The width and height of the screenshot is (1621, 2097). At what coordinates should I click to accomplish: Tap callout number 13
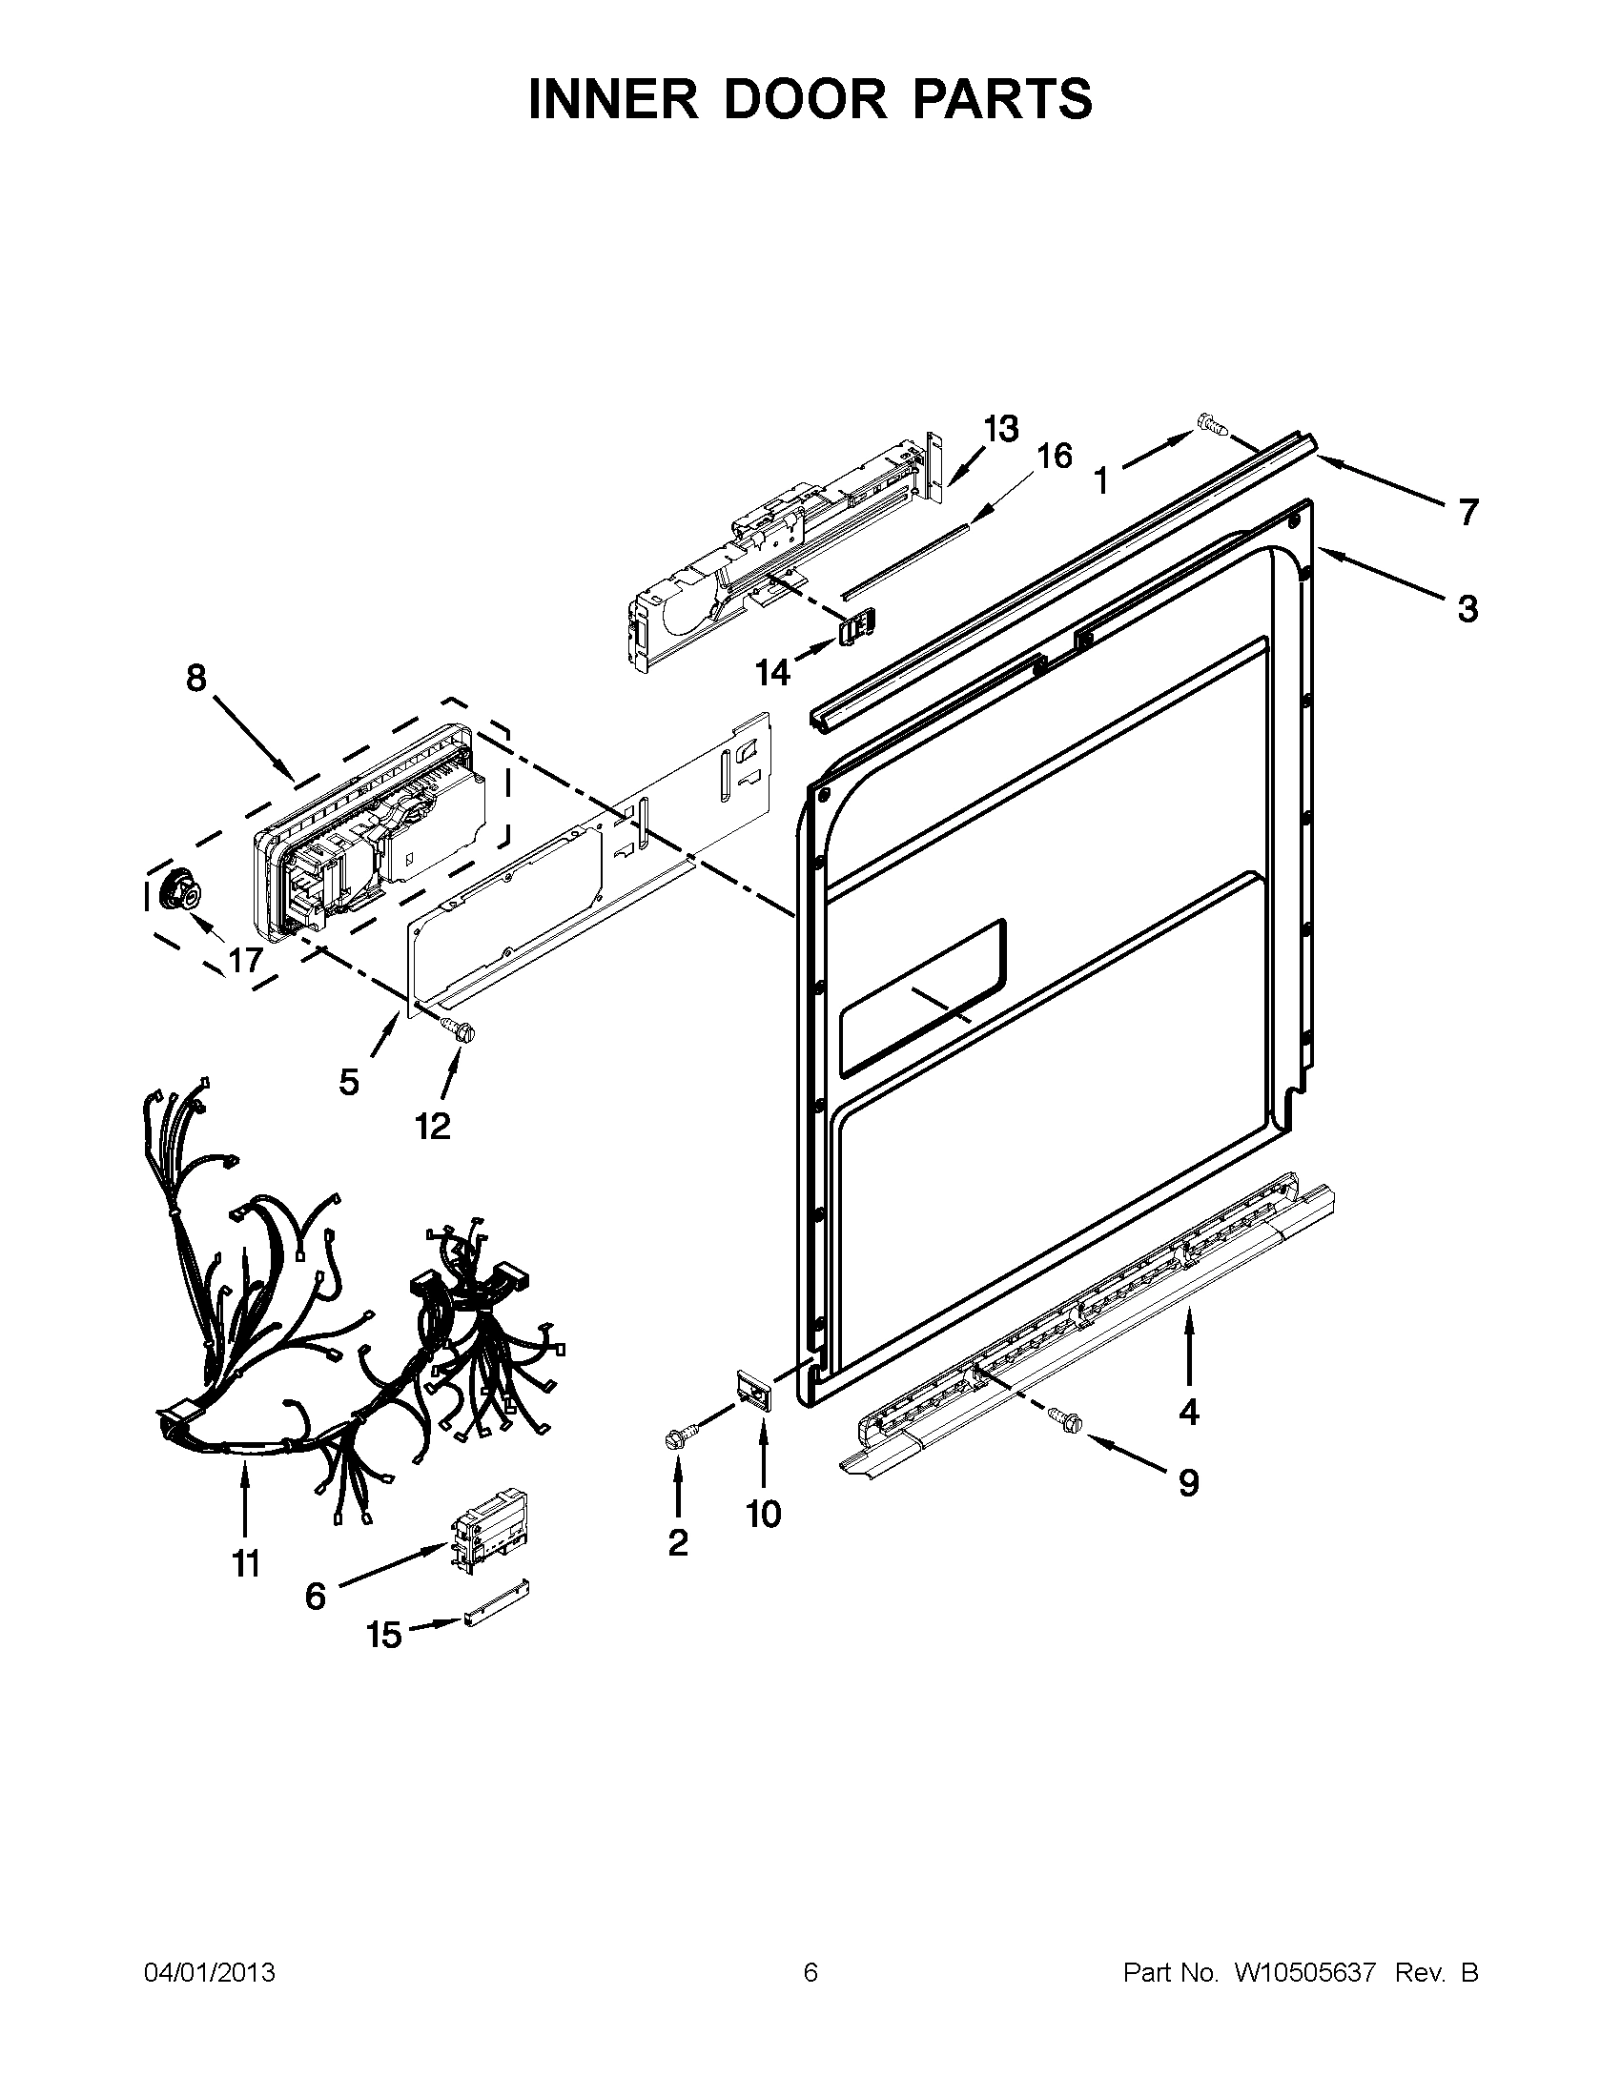999,429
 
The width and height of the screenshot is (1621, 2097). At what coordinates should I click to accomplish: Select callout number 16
1055,456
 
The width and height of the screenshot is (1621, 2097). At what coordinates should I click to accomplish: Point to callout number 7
1467,513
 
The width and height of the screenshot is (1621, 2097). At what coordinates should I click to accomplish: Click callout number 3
1467,608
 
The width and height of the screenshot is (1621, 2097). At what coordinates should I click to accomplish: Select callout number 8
195,679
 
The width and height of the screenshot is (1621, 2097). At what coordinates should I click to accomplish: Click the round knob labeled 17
180,889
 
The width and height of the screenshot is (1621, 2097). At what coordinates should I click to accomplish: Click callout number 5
350,1082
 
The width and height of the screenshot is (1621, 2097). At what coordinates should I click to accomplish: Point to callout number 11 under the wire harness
246,1564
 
